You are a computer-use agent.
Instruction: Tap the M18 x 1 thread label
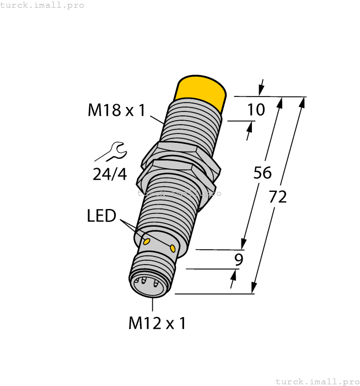pos(116,110)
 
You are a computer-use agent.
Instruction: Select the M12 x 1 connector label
pos(157,323)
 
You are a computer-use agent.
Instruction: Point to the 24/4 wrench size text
pos(110,174)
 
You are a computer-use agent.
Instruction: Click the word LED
pos(102,216)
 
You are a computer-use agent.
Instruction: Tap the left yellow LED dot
pos(147,242)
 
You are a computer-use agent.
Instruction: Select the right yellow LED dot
pos(173,248)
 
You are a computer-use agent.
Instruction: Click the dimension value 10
pos(256,110)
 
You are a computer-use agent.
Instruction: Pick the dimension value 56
pos(262,173)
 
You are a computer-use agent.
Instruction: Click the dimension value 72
pos(278,196)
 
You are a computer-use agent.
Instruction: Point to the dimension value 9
pos(239,260)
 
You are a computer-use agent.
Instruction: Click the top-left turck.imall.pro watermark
pos(42,5)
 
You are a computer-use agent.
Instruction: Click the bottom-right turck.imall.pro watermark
pos(317,381)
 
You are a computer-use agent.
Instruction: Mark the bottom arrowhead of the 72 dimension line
pos(254,288)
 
